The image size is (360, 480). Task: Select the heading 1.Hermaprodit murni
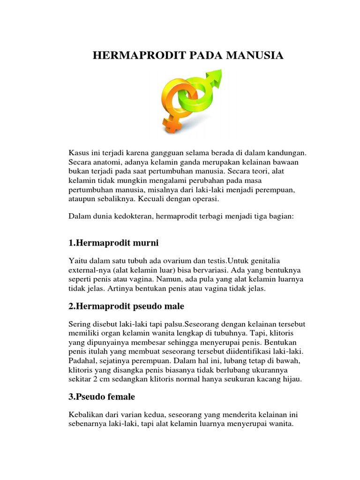point(113,243)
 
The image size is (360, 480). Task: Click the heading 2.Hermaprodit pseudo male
point(126,306)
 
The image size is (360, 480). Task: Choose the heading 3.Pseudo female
point(102,397)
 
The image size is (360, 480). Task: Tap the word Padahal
point(82,361)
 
